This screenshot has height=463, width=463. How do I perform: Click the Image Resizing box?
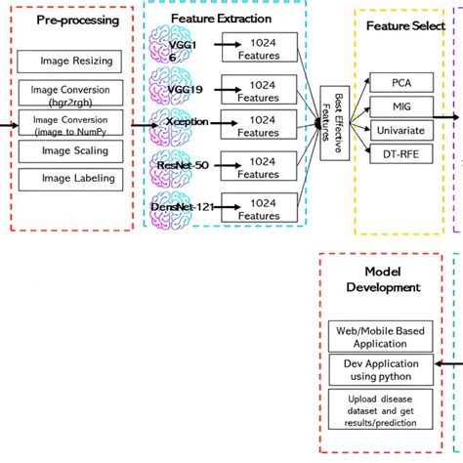(x=75, y=61)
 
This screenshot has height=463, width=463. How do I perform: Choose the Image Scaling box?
(x=75, y=151)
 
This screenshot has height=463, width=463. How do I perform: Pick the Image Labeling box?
(x=75, y=178)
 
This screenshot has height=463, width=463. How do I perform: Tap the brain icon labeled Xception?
(x=176, y=126)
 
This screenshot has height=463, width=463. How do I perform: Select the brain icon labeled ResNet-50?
(x=176, y=165)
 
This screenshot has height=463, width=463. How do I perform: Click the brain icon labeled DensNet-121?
(x=176, y=204)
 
